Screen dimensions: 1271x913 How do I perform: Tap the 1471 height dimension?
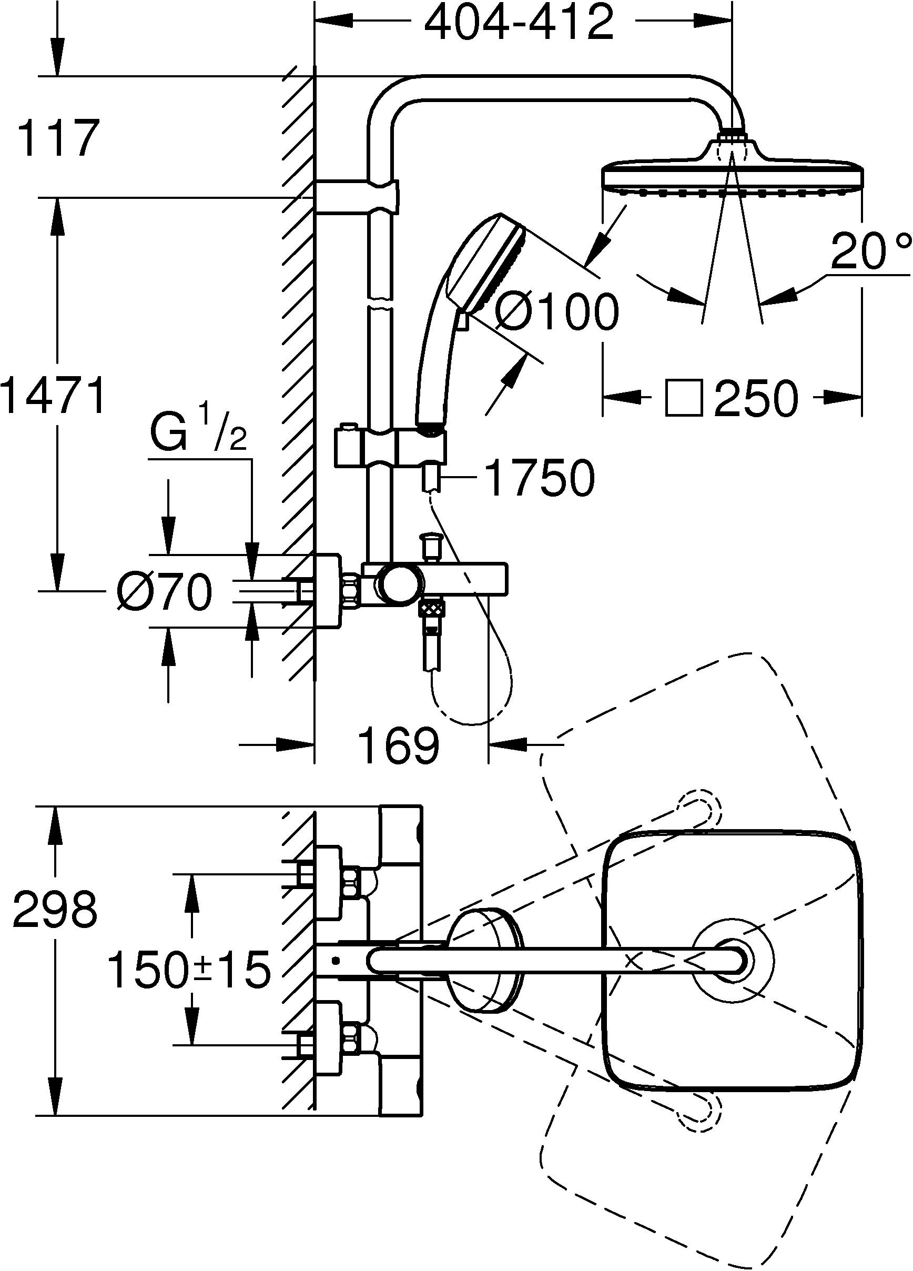[x=54, y=395]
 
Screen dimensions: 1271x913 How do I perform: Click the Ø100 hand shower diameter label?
[x=557, y=311]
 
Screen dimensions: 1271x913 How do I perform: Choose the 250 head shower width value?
[x=755, y=398]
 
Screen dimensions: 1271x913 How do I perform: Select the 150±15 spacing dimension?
[x=189, y=971]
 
